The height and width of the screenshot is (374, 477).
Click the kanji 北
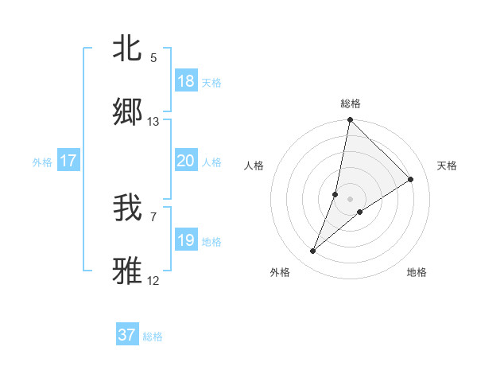128,49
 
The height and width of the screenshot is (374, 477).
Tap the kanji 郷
128,111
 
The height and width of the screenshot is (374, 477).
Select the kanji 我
128,208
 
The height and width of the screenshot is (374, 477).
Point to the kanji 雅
128,271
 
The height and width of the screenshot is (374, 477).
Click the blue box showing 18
186,81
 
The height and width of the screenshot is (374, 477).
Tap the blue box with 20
186,162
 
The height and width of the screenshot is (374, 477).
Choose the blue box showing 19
186,240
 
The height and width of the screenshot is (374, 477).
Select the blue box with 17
68,162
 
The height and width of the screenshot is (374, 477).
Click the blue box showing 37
127,335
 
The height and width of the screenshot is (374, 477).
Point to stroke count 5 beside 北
153,58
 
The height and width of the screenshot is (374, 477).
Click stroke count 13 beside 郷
153,122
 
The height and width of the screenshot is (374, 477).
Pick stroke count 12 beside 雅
153,281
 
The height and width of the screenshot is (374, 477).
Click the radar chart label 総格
350,103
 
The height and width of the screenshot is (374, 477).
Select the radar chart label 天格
447,166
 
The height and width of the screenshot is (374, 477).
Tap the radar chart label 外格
280,272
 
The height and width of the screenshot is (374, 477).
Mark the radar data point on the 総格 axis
350,121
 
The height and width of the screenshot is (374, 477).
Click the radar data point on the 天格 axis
411,180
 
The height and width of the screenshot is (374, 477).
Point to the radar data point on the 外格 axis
313,251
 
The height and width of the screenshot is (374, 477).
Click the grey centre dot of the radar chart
350,187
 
